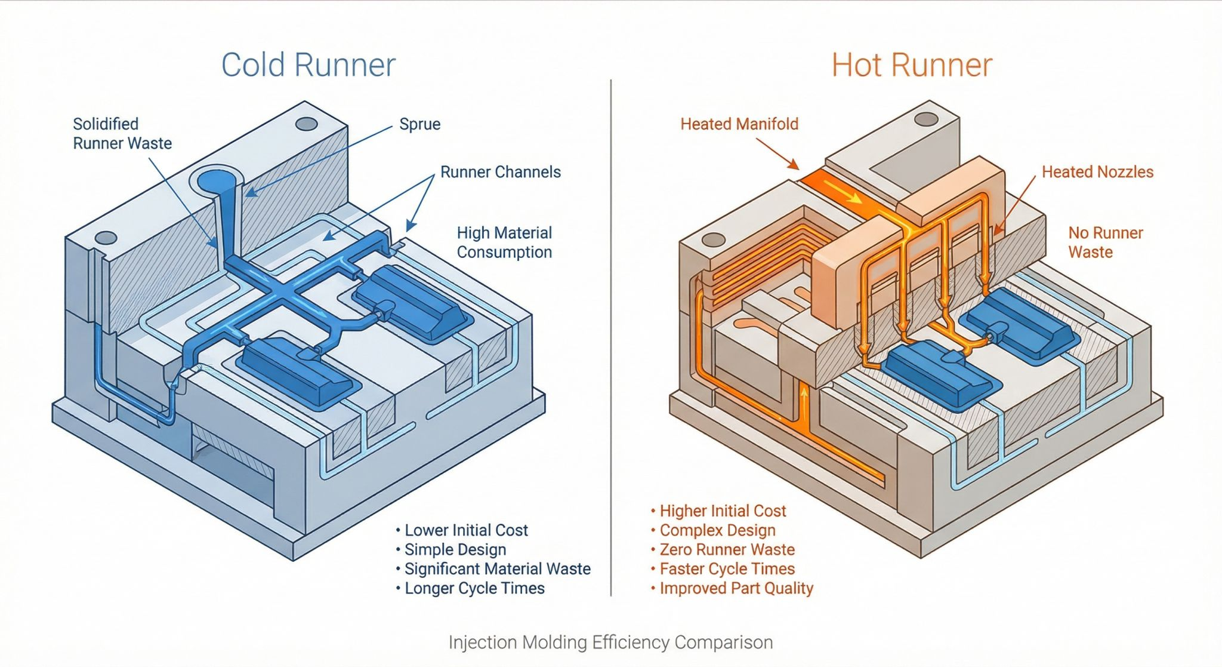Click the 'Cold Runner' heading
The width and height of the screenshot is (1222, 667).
click(x=308, y=64)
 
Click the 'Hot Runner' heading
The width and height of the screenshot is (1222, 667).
click(x=912, y=64)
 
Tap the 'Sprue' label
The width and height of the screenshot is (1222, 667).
click(x=419, y=124)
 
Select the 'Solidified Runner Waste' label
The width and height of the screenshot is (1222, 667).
click(x=122, y=134)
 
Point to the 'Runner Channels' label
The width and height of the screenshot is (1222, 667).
click(x=500, y=172)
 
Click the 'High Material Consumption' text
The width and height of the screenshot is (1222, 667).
click(x=504, y=242)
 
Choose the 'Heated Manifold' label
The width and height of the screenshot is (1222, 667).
click(x=739, y=124)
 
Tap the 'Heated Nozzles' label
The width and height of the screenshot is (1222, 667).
click(x=1097, y=172)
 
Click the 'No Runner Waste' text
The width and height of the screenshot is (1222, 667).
click(x=1105, y=242)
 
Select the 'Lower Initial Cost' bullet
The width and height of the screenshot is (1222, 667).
click(x=465, y=530)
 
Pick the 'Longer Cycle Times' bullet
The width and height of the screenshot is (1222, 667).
click(x=474, y=588)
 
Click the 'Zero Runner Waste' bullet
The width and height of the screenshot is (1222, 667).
click(x=727, y=549)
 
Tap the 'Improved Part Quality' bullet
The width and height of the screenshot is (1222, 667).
click(x=736, y=588)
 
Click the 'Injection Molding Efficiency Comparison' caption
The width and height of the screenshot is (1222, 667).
click(x=610, y=643)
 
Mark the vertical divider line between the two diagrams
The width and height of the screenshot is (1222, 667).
click(x=611, y=334)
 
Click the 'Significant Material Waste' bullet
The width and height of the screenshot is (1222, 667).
click(x=497, y=568)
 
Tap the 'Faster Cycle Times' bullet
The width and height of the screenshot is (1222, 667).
click(x=727, y=568)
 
